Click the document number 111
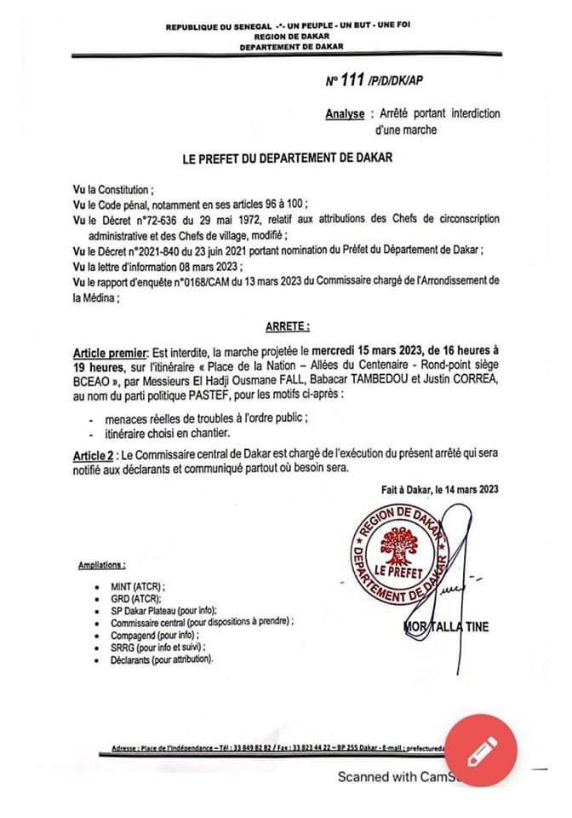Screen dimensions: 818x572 (352, 81)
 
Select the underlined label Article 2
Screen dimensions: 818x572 (94, 457)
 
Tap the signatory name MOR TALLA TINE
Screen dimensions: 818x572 (448, 628)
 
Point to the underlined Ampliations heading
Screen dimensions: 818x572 (101, 565)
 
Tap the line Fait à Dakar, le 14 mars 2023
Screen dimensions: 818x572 (440, 490)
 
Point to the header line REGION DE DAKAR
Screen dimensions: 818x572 (289, 37)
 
